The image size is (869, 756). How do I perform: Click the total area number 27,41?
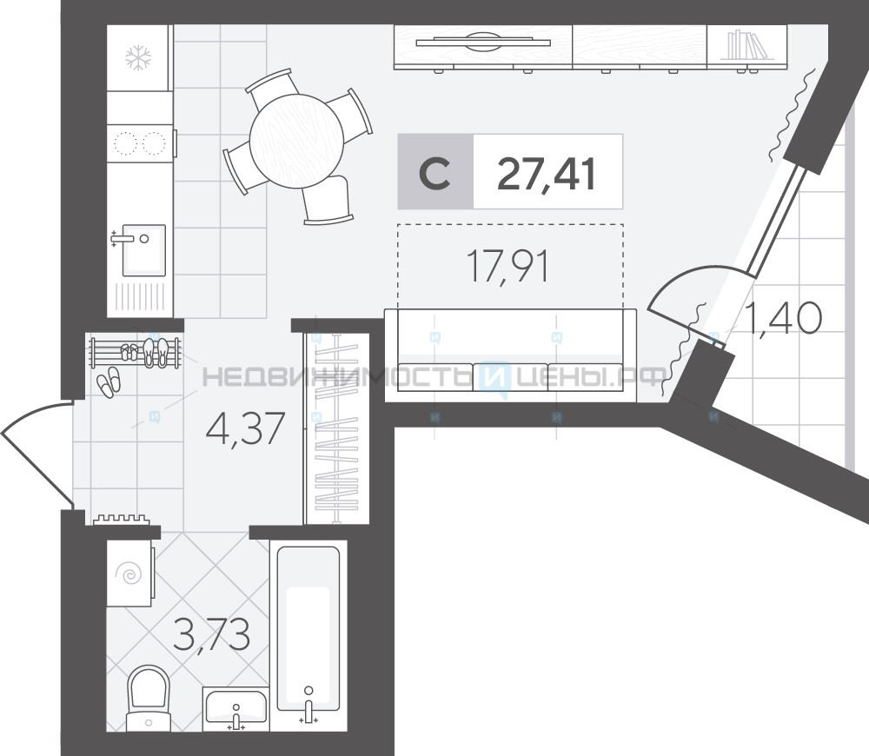[x=547, y=174]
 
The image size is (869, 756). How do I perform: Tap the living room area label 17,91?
[x=508, y=266]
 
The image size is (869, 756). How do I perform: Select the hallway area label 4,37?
[x=245, y=428]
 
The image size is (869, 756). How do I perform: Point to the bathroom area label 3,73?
[x=211, y=633]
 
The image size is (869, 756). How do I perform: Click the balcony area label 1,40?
[x=784, y=317]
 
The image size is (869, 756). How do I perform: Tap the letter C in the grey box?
[x=434, y=174]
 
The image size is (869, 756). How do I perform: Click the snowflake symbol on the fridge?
[x=138, y=58]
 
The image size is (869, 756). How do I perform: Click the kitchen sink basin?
[x=143, y=250]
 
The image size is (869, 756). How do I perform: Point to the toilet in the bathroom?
[x=148, y=698]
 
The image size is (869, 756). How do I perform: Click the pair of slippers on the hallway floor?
[x=108, y=381]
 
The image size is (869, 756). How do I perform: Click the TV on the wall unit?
[x=482, y=42]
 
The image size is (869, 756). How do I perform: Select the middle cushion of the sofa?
[x=510, y=377]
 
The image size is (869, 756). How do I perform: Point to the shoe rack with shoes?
[x=136, y=353]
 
